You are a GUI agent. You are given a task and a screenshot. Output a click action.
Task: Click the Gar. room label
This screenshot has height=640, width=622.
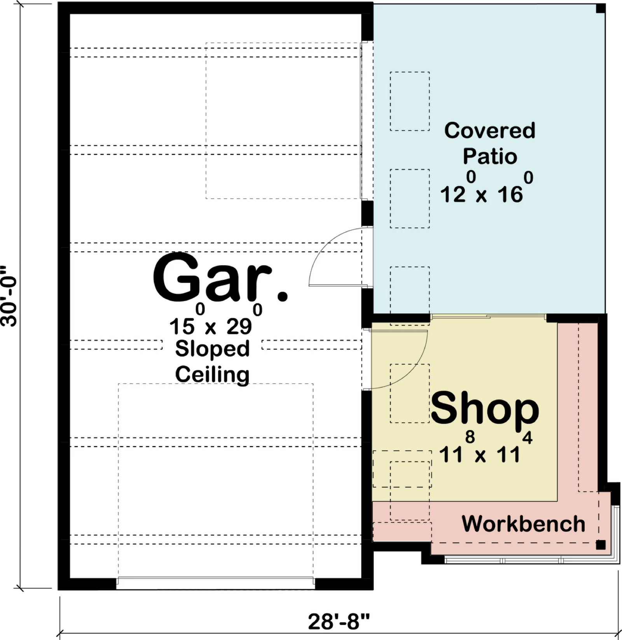pyautogui.click(x=220, y=277)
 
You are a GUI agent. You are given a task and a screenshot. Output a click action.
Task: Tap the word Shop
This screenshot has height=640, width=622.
pyautogui.click(x=485, y=409)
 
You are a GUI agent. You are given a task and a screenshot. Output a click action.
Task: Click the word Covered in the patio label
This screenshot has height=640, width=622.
pyautogui.click(x=490, y=131)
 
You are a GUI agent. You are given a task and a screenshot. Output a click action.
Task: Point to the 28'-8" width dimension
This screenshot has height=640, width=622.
pyautogui.click(x=339, y=621)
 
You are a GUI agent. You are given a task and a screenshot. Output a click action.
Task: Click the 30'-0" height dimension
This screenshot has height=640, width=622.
pyautogui.click(x=9, y=296)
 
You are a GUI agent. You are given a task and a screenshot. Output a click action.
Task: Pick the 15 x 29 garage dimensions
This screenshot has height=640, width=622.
pyautogui.click(x=216, y=320)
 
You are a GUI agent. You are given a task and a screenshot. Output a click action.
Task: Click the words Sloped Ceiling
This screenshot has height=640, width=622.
pyautogui.click(x=212, y=361)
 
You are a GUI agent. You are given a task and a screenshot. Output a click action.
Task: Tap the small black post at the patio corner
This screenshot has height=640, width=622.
pyautogui.click(x=601, y=9)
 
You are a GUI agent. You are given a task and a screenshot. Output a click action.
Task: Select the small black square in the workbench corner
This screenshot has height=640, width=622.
pyautogui.click(x=601, y=545)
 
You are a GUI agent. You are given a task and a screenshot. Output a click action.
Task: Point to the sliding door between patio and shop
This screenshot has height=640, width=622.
pyautogui.click(x=488, y=317)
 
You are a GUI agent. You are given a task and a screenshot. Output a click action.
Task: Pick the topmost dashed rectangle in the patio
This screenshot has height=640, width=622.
pyautogui.click(x=410, y=101)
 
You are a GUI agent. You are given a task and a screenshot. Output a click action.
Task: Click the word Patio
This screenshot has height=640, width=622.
pyautogui.click(x=490, y=156)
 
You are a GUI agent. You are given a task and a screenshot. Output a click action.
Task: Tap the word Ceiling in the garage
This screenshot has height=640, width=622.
pyautogui.click(x=212, y=374)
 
